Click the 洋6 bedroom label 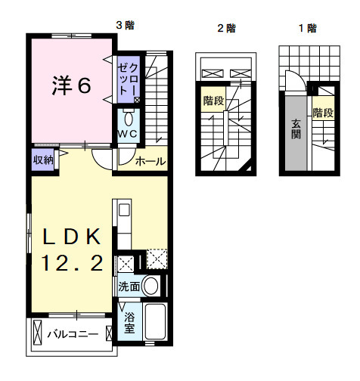[71, 85]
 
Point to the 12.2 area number [71, 264]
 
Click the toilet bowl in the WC [128, 118]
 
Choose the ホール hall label [150, 161]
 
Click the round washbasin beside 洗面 [151, 286]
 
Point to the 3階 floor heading [125, 25]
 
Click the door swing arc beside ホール [103, 161]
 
